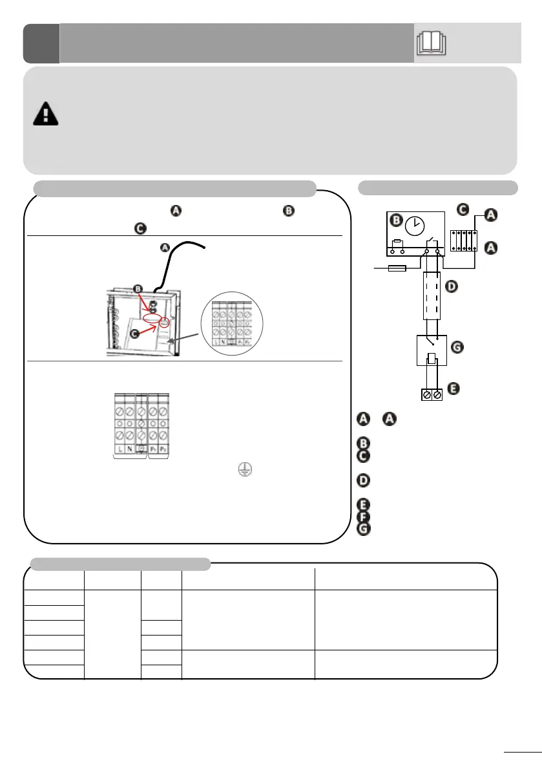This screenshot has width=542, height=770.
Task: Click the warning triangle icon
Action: click(45, 114)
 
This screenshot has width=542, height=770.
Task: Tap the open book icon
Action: click(432, 43)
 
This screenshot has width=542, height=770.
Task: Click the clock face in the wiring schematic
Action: click(414, 226)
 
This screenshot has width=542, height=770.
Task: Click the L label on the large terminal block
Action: click(120, 447)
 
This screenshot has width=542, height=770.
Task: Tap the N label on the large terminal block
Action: click(130, 447)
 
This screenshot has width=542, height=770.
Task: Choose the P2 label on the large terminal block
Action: click(163, 447)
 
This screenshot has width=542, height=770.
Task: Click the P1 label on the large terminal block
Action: click(152, 447)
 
